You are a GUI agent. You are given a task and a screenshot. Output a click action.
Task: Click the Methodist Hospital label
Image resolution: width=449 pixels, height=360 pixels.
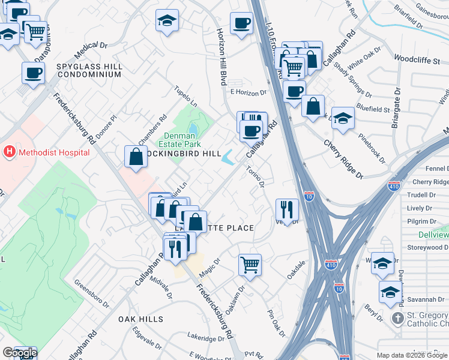click(54, 152)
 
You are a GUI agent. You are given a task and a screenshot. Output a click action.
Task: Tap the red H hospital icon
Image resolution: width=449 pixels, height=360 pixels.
click(10, 152)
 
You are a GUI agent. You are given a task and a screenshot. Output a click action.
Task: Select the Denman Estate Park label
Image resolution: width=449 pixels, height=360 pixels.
click(182, 140)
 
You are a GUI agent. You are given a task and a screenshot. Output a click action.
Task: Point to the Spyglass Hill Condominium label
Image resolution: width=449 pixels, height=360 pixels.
click(89, 70)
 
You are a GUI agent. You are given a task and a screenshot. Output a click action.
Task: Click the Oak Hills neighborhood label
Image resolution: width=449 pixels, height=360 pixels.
click(140, 319)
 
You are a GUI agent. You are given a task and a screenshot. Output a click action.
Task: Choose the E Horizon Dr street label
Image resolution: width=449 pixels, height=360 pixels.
click(248, 93)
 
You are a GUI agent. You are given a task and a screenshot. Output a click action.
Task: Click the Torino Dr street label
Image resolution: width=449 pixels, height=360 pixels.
click(256, 176)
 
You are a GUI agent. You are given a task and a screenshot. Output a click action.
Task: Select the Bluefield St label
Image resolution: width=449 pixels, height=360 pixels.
click(373, 110)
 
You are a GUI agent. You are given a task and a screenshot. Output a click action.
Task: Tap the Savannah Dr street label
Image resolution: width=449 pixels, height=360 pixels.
click(420, 299)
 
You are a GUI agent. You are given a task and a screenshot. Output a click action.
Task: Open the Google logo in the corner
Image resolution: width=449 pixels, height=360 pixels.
click(19, 353)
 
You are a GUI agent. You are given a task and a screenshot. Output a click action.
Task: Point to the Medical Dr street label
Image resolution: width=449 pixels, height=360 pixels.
click(91, 45)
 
